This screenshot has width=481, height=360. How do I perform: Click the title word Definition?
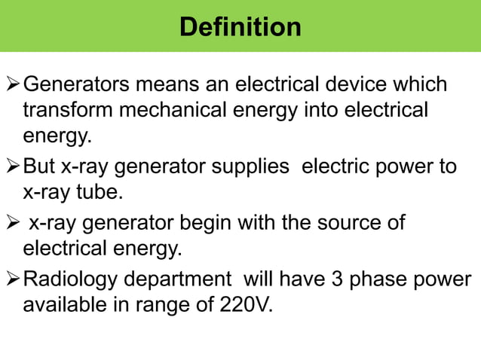240,27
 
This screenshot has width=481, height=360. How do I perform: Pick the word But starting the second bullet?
39,166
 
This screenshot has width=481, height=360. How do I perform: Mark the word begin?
207,222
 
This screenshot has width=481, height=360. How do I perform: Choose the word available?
65,306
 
